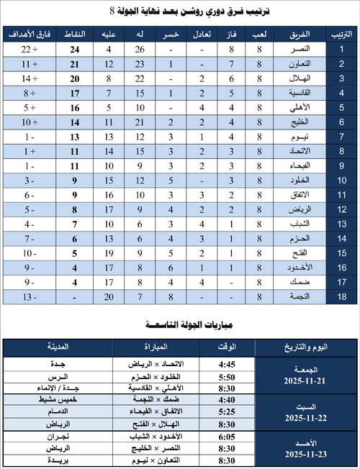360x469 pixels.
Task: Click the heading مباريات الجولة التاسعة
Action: (179, 325)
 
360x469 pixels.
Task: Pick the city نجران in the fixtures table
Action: (56, 436)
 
